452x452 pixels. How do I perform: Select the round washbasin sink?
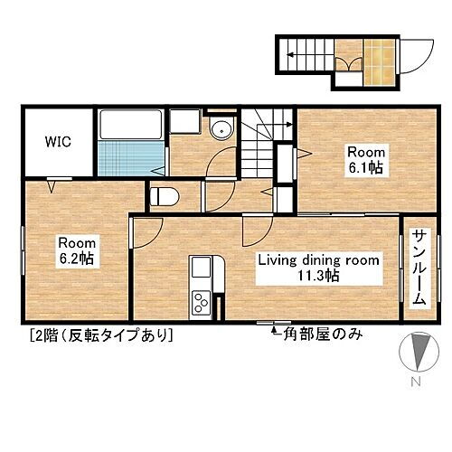click(221, 130)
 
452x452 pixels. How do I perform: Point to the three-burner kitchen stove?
click(201, 302)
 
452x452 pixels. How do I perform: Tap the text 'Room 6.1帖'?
click(353, 159)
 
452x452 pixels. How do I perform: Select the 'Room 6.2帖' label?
click(78, 250)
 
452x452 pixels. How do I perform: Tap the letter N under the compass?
click(417, 382)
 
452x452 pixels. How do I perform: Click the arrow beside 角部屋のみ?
click(274, 334)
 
